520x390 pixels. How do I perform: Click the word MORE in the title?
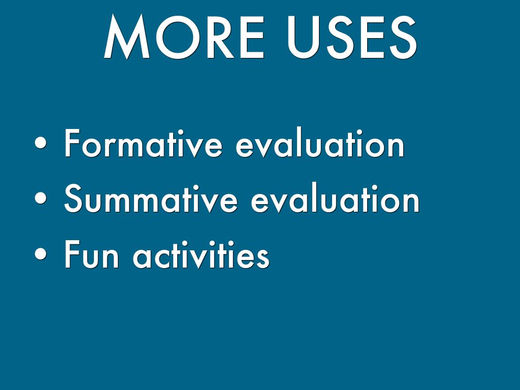point(184,37)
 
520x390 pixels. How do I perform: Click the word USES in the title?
point(352,37)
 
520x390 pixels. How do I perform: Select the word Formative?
point(143,143)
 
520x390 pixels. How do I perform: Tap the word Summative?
point(151,199)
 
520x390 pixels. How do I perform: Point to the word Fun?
point(91,254)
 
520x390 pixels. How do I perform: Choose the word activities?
point(201,254)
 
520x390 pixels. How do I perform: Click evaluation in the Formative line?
point(320,143)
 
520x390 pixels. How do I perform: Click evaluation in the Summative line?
point(335,199)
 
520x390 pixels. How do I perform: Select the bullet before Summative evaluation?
point(41,199)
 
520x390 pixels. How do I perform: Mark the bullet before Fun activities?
point(41,254)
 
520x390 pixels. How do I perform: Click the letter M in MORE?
point(127,37)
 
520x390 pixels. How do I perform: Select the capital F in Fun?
point(72,254)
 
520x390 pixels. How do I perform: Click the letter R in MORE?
point(221,37)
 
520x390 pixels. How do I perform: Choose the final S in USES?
point(403,37)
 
